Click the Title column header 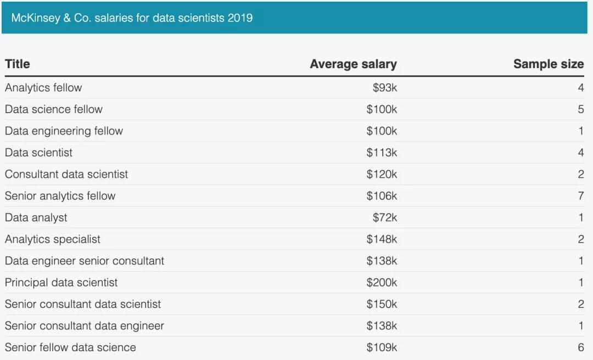(x=18, y=64)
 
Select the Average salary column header (x=353, y=64)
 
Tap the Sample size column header (x=548, y=64)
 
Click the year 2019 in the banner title (x=240, y=18)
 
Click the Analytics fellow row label (x=43, y=88)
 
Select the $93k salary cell (x=384, y=88)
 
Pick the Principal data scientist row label (x=61, y=283)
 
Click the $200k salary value (x=382, y=283)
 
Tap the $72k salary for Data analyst (x=384, y=218)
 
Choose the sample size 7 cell (x=581, y=196)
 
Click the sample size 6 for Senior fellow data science (x=581, y=347)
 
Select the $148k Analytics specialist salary (x=382, y=239)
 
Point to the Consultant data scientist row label (x=66, y=175)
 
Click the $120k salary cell (x=382, y=175)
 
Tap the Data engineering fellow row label (x=64, y=131)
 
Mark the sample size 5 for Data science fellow (x=581, y=109)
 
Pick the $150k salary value (x=382, y=304)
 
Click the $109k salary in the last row (x=382, y=347)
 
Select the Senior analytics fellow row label (x=60, y=196)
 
